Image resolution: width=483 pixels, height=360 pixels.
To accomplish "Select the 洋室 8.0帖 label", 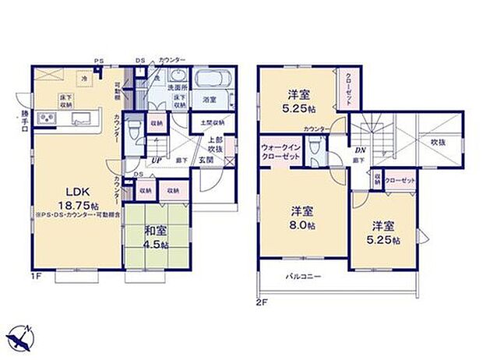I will [302, 217].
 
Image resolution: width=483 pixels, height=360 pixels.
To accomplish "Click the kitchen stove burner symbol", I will [46, 118].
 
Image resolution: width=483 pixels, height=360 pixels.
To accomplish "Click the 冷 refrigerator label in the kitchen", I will [82, 78].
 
